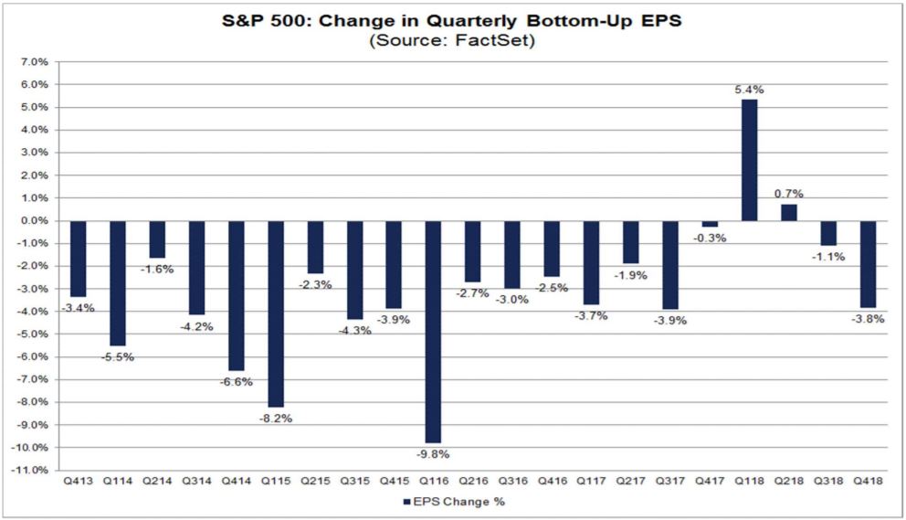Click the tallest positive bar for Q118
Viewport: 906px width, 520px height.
coord(749,160)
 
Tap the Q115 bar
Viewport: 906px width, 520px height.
coord(275,313)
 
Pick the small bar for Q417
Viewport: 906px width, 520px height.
coord(710,224)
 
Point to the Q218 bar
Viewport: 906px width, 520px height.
coord(788,212)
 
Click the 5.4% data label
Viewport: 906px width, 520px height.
coord(749,90)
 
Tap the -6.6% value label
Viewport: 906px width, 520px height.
coord(235,380)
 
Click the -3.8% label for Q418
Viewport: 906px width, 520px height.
coord(869,318)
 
